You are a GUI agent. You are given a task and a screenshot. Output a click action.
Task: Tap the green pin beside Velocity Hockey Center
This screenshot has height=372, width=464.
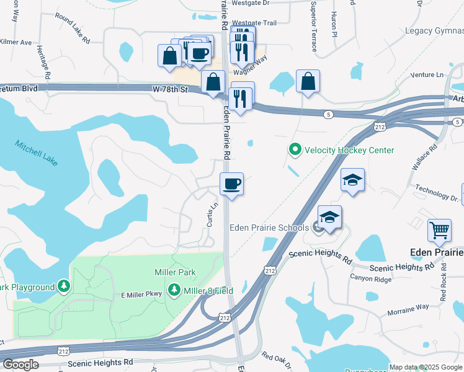pyautogui.click(x=295, y=150)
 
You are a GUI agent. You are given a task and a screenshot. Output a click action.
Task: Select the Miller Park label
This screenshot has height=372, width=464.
pyautogui.click(x=175, y=272)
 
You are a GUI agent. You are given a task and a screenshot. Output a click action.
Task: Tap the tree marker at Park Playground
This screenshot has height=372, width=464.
pyautogui.click(x=63, y=286)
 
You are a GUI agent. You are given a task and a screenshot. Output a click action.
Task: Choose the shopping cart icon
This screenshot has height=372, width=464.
pyautogui.click(x=439, y=231)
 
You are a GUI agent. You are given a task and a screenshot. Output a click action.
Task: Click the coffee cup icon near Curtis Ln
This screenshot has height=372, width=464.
pyautogui.click(x=232, y=184)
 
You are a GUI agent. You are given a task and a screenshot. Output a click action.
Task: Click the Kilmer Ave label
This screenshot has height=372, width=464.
pyautogui.click(x=16, y=43)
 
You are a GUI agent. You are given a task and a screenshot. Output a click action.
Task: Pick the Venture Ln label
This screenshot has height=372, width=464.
pyautogui.click(x=428, y=74)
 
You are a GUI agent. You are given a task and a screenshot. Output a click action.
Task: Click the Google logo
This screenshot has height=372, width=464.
pyautogui.click(x=21, y=365)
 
